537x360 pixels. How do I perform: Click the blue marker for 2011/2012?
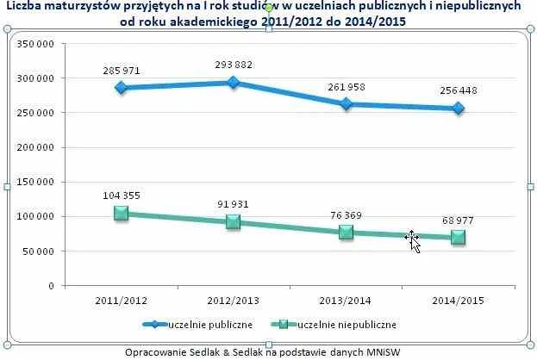click(x=122, y=88)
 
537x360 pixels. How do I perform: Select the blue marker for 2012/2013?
click(x=234, y=83)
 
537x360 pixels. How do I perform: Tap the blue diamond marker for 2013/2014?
click(x=347, y=104)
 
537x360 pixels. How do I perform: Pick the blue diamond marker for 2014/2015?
click(x=459, y=109)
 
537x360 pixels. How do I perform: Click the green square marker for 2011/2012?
click(x=122, y=214)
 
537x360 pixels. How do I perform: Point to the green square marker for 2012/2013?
click(x=234, y=222)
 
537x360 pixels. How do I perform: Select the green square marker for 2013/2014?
click(x=347, y=233)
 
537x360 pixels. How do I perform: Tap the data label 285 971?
click(x=122, y=69)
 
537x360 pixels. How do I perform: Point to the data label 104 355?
click(x=122, y=195)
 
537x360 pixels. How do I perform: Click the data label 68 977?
click(x=459, y=220)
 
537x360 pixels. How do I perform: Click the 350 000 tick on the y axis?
click(x=38, y=44)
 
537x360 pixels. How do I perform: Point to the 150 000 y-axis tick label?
click(x=38, y=182)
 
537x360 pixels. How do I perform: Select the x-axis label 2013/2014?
click(x=346, y=300)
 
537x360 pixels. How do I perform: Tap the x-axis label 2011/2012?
click(x=122, y=300)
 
